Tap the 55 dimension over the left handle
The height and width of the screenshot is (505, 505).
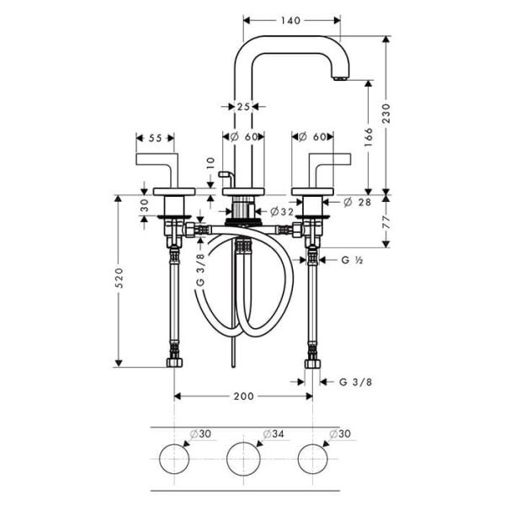click(x=155, y=136)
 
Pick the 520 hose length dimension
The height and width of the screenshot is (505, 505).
click(x=119, y=279)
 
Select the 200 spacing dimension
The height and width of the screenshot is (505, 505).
click(x=244, y=395)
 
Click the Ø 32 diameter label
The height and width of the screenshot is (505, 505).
click(x=282, y=211)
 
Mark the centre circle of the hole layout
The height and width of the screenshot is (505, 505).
click(x=244, y=459)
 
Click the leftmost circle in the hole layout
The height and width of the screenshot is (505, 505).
click(x=175, y=459)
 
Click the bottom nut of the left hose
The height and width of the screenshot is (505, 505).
click(x=174, y=364)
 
